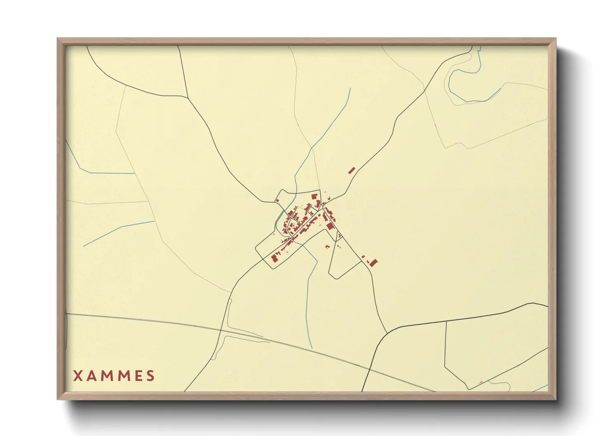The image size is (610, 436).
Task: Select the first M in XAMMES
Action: point(109,376)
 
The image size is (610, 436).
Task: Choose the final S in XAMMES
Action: point(151,376)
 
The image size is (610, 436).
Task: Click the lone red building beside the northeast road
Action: point(352,170)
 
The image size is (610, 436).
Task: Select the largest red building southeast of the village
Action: point(373,263)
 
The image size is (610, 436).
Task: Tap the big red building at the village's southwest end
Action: point(274,258)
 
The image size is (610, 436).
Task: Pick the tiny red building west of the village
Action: point(277,201)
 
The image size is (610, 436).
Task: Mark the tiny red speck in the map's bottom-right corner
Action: point(481,382)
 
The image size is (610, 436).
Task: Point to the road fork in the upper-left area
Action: point(188,97)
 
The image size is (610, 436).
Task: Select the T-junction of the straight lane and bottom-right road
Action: point(446,321)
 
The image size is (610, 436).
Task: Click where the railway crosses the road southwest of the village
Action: point(221,330)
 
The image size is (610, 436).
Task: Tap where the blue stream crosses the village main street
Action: point(291,238)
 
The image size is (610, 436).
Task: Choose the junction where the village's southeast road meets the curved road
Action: point(387,333)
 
